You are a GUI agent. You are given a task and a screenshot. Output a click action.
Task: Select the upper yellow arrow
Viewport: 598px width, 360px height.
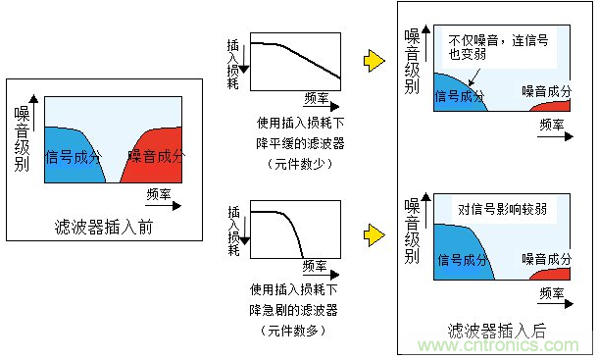point(372,61)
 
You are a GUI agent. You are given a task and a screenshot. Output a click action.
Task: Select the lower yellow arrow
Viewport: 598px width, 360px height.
point(372,235)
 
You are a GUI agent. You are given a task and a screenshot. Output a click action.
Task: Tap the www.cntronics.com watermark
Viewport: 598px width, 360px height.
point(499,346)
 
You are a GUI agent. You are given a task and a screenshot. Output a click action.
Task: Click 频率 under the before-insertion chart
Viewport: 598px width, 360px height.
point(158,193)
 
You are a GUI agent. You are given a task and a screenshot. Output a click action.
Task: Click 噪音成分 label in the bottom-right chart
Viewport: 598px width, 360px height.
point(545,259)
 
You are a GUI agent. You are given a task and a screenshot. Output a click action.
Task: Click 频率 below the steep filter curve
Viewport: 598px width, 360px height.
point(316,266)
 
